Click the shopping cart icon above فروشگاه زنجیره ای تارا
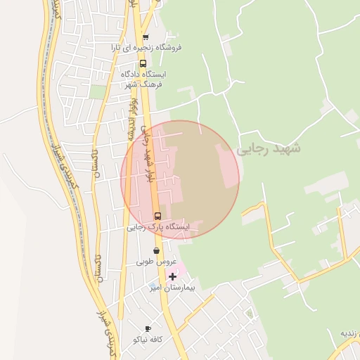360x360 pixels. pyautogui.click(x=146, y=37)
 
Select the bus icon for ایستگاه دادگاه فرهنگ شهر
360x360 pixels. pyautogui.click(x=143, y=63)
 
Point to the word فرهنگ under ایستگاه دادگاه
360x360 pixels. pyautogui.click(x=151, y=84)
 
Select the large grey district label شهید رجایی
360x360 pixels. pyautogui.click(x=268, y=150)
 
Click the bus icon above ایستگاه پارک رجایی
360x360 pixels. pyautogui.click(x=157, y=216)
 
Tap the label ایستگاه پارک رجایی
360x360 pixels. pyautogui.click(x=158, y=227)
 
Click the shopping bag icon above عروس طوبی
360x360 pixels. pyautogui.click(x=156, y=250)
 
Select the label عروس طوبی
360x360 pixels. pyautogui.click(x=155, y=262)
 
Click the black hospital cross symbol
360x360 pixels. pyautogui.click(x=172, y=276)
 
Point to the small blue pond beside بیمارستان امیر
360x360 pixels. pyautogui.click(x=153, y=287)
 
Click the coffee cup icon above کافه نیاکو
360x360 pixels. pyautogui.click(x=148, y=328)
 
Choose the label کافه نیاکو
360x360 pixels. pyautogui.click(x=148, y=340)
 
